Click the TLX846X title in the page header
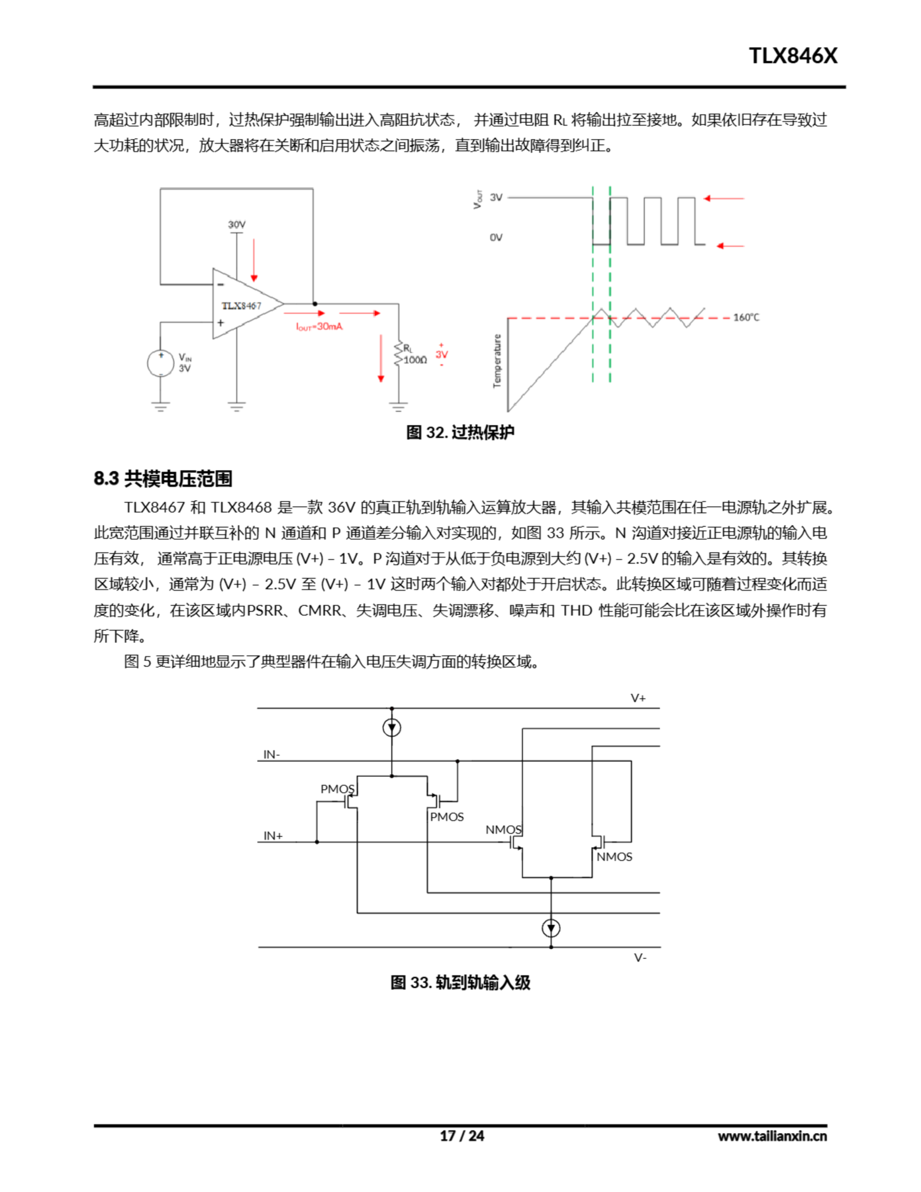pyautogui.click(x=792, y=56)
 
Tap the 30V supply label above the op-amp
pyautogui.click(x=237, y=224)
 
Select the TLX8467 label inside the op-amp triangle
pyautogui.click(x=241, y=305)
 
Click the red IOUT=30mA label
pyautogui.click(x=319, y=326)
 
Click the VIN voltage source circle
pyautogui.click(x=161, y=363)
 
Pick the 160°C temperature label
pyautogui.click(x=746, y=317)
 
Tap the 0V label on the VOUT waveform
pyautogui.click(x=496, y=237)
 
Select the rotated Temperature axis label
pyautogui.click(x=497, y=361)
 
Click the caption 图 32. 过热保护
pyautogui.click(x=460, y=432)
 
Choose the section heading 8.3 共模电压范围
pyautogui.click(x=163, y=479)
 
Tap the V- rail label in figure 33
pyautogui.click(x=640, y=957)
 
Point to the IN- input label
pyautogui.click(x=271, y=754)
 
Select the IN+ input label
pyautogui.click(x=273, y=836)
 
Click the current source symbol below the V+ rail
pyautogui.click(x=392, y=727)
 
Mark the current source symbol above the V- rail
pyautogui.click(x=551, y=928)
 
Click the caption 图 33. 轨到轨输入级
pyautogui.click(x=460, y=983)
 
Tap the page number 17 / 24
pyautogui.click(x=462, y=1136)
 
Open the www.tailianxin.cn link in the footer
pyautogui.click(x=772, y=1136)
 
